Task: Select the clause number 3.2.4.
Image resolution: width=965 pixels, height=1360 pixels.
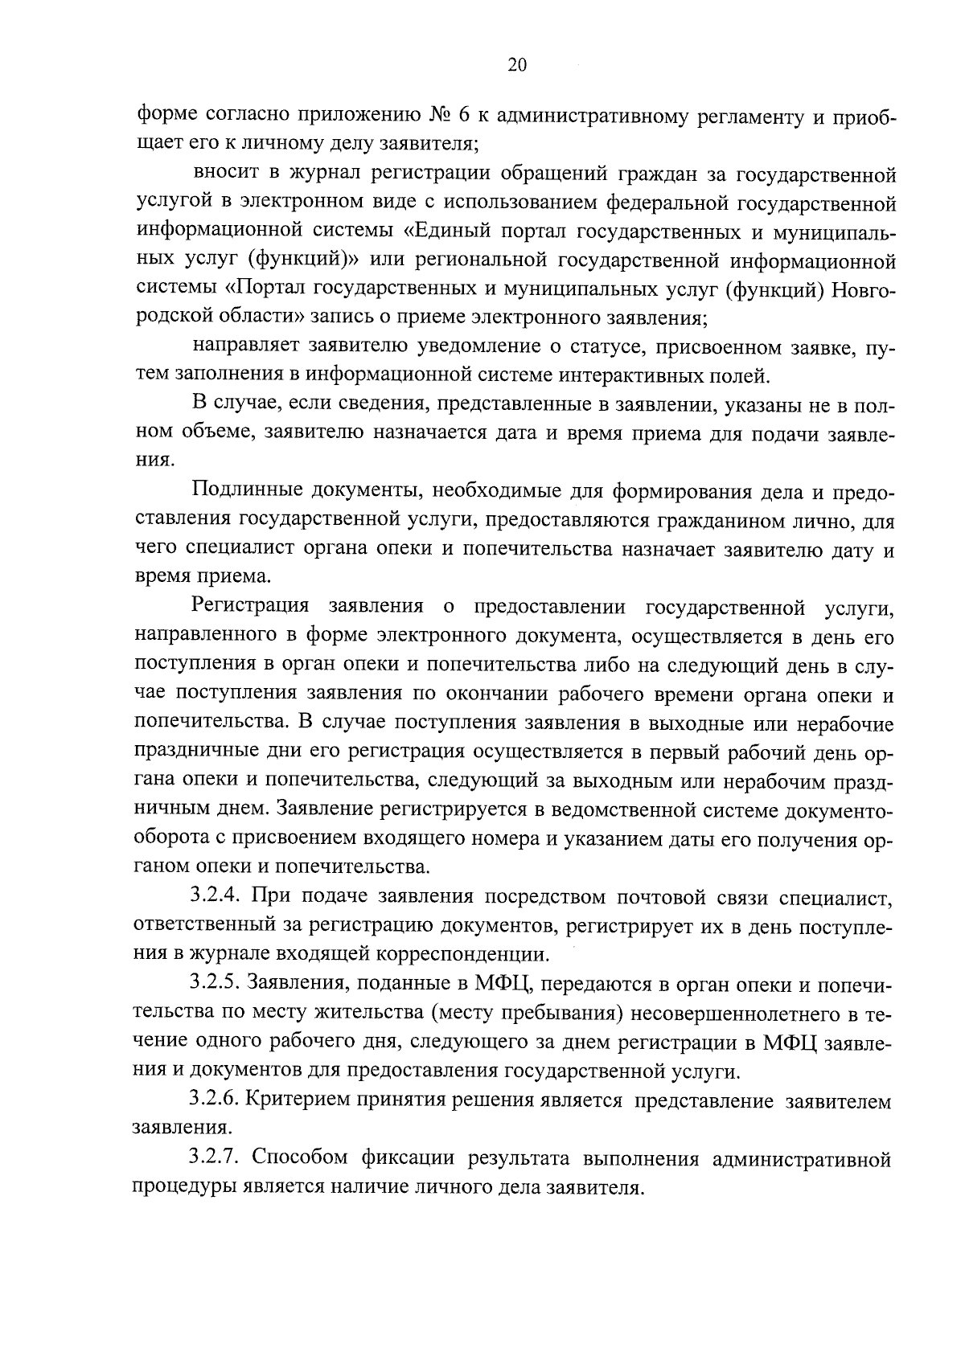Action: tap(216, 897)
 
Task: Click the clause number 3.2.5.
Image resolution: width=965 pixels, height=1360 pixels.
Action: tap(216, 984)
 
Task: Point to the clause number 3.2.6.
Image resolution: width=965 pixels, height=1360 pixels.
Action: tap(216, 1100)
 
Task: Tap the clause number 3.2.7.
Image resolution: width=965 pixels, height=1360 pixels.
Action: tap(216, 1157)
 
